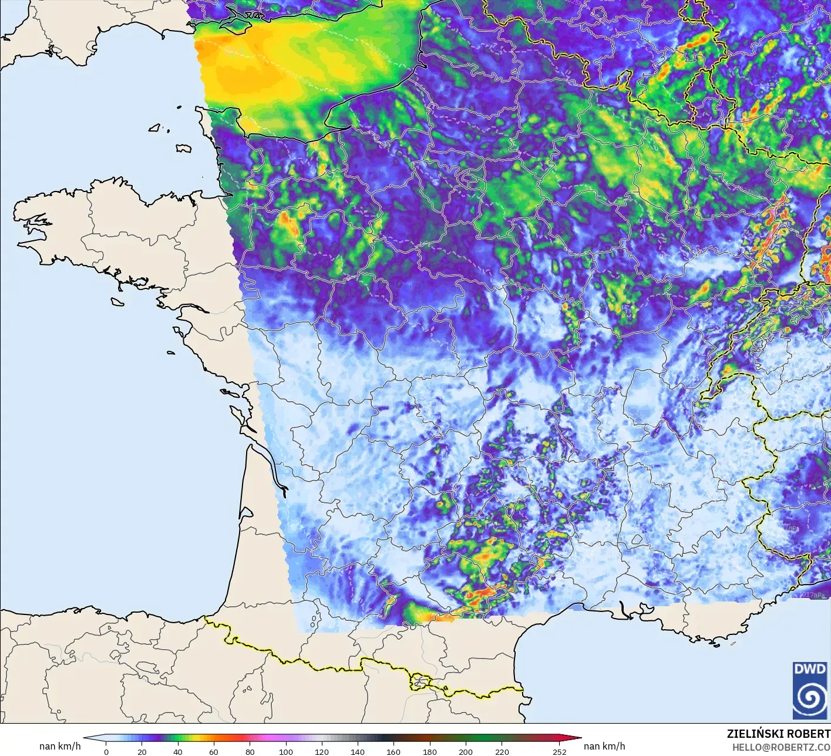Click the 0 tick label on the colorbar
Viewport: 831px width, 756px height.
coord(106,751)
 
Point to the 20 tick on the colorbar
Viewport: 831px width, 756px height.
coord(142,751)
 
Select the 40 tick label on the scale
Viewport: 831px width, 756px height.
coord(178,751)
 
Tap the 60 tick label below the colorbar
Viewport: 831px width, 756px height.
coord(214,751)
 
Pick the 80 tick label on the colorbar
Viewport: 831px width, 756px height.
coord(250,751)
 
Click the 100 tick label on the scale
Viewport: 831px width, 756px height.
coord(286,751)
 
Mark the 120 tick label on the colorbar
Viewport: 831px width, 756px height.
coord(322,751)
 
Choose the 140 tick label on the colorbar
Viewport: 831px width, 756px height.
coord(358,751)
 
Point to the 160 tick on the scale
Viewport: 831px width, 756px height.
coord(393,751)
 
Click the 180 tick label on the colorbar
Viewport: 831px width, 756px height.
coord(430,751)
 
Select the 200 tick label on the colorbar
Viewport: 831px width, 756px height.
coord(466,751)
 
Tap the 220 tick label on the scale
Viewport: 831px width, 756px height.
coord(502,751)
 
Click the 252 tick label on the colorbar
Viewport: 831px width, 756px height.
coord(559,751)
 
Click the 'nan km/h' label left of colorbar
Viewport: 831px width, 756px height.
coord(60,746)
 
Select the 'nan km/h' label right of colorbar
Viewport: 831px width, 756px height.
coord(604,746)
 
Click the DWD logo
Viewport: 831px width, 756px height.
coord(809,690)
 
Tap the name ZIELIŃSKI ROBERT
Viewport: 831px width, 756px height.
coord(778,734)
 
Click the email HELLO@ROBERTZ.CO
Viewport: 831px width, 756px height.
coord(780,747)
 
